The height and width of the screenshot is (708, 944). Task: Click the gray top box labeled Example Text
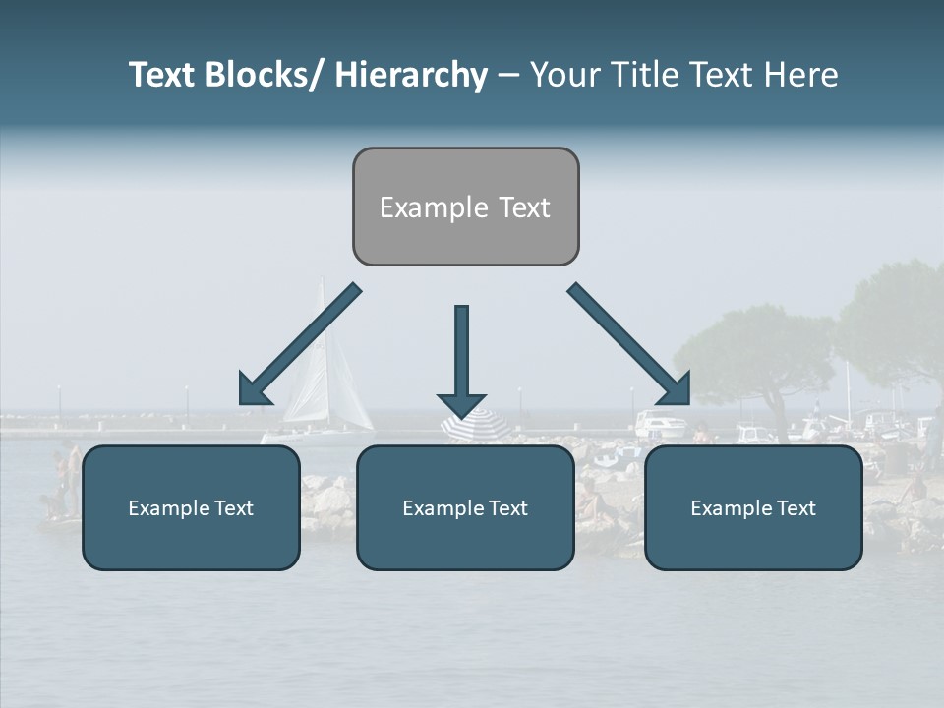click(x=465, y=206)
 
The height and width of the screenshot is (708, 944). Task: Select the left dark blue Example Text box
click(x=191, y=507)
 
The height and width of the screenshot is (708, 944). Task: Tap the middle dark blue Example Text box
click(x=465, y=507)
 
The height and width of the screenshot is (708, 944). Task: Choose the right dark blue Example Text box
click(x=753, y=507)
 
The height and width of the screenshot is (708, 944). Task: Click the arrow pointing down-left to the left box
click(x=300, y=344)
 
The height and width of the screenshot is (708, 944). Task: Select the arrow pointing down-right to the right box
click(x=629, y=344)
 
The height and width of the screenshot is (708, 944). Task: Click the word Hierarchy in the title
click(x=411, y=75)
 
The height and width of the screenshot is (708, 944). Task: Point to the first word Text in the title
click(x=163, y=75)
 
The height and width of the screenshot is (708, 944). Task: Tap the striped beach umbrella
click(x=475, y=425)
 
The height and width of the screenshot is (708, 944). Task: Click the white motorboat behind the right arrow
click(x=661, y=426)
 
